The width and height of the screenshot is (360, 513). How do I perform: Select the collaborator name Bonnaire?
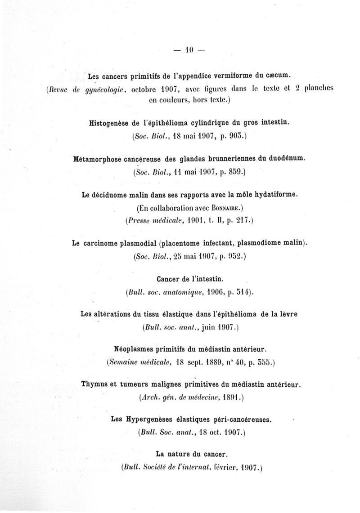click(x=227, y=208)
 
